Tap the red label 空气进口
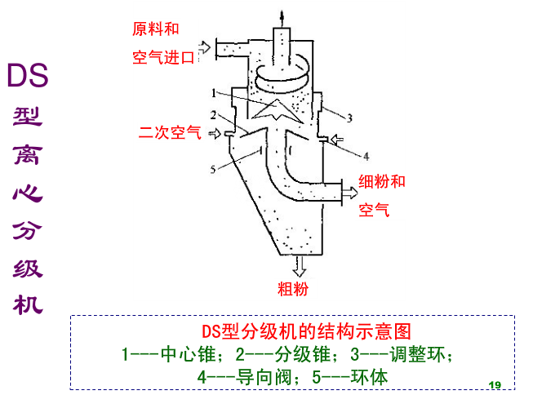163,57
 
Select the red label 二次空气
170,133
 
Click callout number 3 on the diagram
349,118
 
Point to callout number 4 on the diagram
366,155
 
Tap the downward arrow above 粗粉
299,264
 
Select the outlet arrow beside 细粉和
349,192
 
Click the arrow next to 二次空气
215,133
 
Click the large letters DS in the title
28,76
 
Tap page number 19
493,384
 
